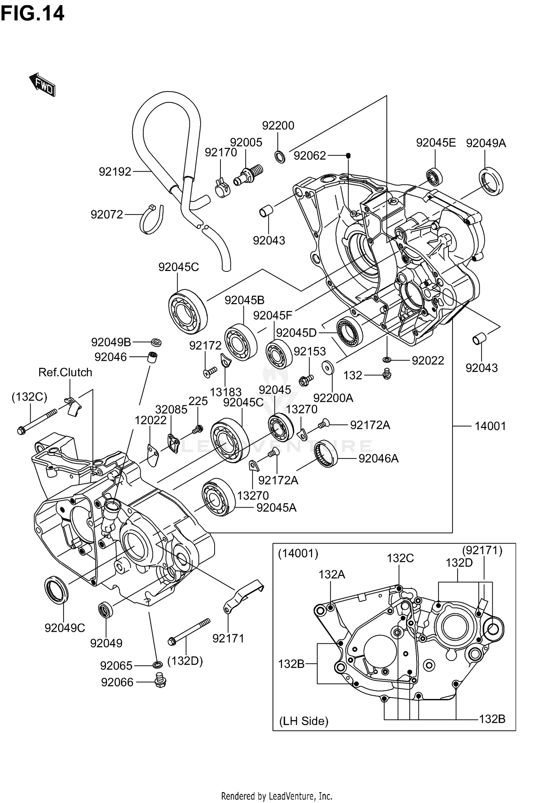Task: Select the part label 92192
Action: coord(115,172)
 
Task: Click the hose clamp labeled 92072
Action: coord(151,220)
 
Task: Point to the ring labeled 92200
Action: coord(280,157)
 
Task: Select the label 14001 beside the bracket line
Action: coord(490,426)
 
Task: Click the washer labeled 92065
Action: coord(157,665)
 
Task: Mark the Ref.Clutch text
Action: coord(65,372)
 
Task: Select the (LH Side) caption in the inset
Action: coord(304,721)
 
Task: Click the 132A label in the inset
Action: coord(332,574)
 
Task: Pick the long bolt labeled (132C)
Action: coord(37,421)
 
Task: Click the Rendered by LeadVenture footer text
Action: coord(277,796)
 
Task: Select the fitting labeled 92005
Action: coord(248,175)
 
